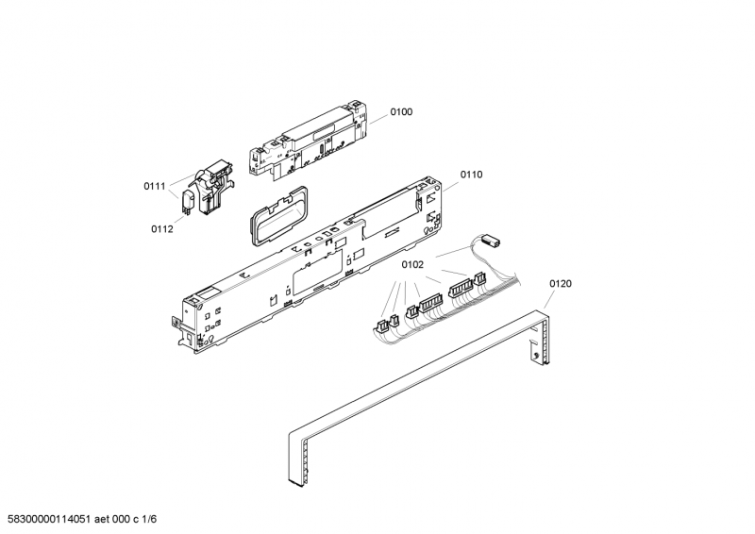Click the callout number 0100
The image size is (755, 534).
(x=401, y=112)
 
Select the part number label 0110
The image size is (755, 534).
(x=472, y=175)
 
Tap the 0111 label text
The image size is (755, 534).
(x=155, y=187)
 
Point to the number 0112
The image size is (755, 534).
(x=161, y=228)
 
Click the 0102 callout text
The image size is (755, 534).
(x=411, y=265)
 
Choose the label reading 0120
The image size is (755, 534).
(x=561, y=284)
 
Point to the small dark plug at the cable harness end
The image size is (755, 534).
(x=490, y=242)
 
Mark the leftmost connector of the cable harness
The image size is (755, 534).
(x=380, y=326)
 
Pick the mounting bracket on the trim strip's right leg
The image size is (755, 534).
(x=539, y=353)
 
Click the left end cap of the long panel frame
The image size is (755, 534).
(x=193, y=322)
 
